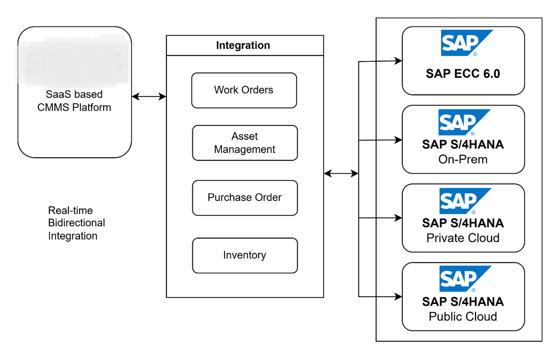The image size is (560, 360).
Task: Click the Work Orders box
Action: pyautogui.click(x=244, y=90)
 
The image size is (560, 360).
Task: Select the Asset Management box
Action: pyautogui.click(x=245, y=143)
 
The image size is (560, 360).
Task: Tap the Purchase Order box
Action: pyautogui.click(x=245, y=198)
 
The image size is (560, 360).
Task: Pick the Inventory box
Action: pyautogui.click(x=245, y=255)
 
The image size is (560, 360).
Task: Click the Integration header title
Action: pyautogui.click(x=243, y=45)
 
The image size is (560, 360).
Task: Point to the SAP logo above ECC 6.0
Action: pyautogui.click(x=465, y=43)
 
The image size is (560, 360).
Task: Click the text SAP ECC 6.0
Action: pyautogui.click(x=463, y=73)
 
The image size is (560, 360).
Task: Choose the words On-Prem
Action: pyautogui.click(x=463, y=159)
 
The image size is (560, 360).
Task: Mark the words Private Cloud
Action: pyautogui.click(x=463, y=238)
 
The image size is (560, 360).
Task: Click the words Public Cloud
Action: pyautogui.click(x=463, y=316)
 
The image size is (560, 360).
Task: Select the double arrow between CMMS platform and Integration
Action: pyautogui.click(x=149, y=96)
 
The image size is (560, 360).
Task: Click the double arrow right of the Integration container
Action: pyautogui.click(x=341, y=174)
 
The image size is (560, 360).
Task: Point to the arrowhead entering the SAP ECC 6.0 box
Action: pyautogui.click(x=398, y=61)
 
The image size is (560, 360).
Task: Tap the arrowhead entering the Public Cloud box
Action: pyautogui.click(x=398, y=297)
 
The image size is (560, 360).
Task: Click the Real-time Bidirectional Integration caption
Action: pyautogui.click(x=77, y=223)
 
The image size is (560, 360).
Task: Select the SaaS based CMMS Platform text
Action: pyautogui.click(x=74, y=101)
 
